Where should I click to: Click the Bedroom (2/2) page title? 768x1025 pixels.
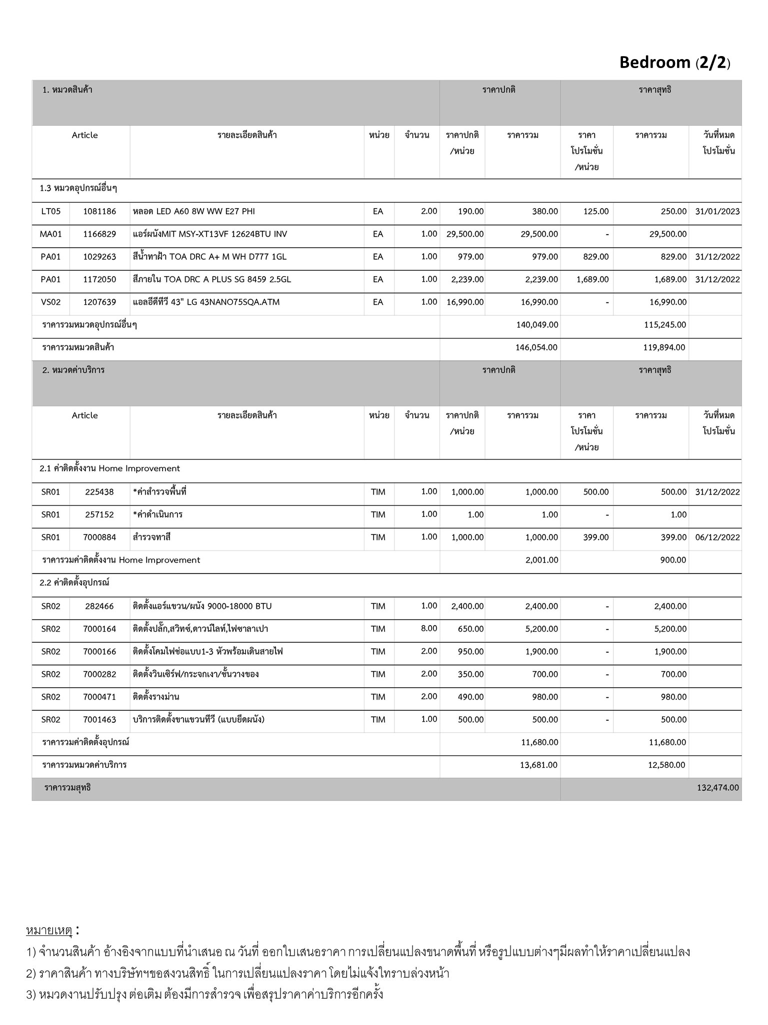pos(674,63)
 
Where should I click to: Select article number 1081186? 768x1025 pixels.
pos(99,211)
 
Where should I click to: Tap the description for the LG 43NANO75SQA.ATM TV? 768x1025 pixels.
pos(206,302)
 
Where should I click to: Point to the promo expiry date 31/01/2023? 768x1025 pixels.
pos(717,211)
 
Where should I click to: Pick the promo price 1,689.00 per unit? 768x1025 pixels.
pos(592,279)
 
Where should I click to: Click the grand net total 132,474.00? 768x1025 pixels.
pos(717,788)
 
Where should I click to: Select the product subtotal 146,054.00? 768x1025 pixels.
pos(537,347)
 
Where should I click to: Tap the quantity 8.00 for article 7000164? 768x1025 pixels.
pos(428,628)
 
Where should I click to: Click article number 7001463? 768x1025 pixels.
pos(99,719)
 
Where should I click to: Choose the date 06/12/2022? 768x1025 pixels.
pos(717,537)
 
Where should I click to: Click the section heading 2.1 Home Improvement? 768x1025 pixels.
pos(109,468)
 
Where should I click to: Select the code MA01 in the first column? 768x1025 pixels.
pos(50,234)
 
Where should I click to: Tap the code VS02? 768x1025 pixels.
pos(50,302)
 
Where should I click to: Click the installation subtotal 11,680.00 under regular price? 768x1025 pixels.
pos(539,742)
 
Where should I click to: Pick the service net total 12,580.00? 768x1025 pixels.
pos(666,765)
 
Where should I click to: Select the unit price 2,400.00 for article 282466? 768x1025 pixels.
pos(467,606)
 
